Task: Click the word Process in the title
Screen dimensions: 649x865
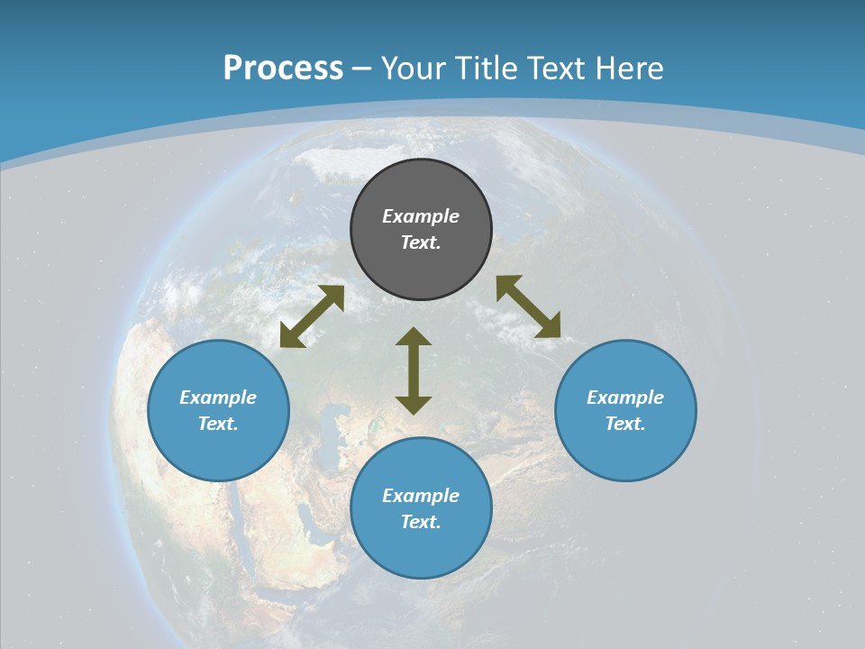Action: pyautogui.click(x=283, y=69)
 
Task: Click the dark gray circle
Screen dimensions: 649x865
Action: pyautogui.click(x=421, y=261)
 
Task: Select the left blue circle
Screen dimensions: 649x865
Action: pyautogui.click(x=218, y=451)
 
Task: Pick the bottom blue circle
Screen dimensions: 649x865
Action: pyautogui.click(x=421, y=550)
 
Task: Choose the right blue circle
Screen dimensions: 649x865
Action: pyautogui.click(x=625, y=451)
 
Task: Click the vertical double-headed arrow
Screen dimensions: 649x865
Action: pyautogui.click(x=414, y=370)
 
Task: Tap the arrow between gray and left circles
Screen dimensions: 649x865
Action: pyautogui.click(x=312, y=316)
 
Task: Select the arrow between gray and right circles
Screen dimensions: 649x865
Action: pyautogui.click(x=528, y=306)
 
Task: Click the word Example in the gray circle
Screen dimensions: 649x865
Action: pyautogui.click(x=421, y=216)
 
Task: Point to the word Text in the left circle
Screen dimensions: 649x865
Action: pyautogui.click(x=218, y=424)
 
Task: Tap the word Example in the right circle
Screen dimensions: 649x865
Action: pyautogui.click(x=625, y=398)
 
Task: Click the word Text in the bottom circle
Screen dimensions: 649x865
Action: pyautogui.click(x=421, y=522)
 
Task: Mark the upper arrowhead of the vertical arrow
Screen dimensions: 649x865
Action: pyautogui.click(x=414, y=337)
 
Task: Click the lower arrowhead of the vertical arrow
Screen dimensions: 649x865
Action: pyautogui.click(x=414, y=405)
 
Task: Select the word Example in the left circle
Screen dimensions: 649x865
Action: pyautogui.click(x=218, y=398)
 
